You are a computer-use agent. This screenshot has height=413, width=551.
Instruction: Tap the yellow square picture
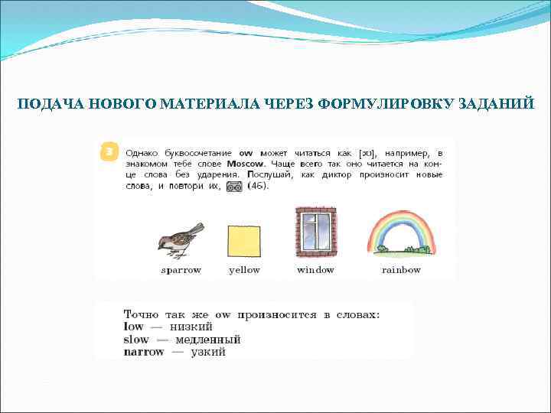click(x=244, y=241)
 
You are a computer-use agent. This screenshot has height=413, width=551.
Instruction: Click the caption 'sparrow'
click(x=181, y=270)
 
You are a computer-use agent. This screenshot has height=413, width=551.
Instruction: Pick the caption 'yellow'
click(x=244, y=270)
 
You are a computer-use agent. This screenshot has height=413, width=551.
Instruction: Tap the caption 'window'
click(x=315, y=270)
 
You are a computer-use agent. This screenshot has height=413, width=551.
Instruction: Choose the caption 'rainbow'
click(x=401, y=270)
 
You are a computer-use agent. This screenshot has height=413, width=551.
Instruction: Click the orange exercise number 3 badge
click(x=109, y=152)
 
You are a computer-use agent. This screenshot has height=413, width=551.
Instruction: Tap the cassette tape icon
click(x=235, y=187)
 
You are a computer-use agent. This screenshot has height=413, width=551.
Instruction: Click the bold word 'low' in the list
click(x=133, y=327)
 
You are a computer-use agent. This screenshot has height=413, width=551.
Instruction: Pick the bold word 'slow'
click(x=136, y=339)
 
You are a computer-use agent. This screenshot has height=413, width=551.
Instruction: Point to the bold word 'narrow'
click(x=143, y=352)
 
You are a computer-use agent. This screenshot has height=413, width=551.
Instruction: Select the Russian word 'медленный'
click(x=207, y=339)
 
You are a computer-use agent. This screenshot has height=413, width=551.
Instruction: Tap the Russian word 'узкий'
click(x=208, y=352)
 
